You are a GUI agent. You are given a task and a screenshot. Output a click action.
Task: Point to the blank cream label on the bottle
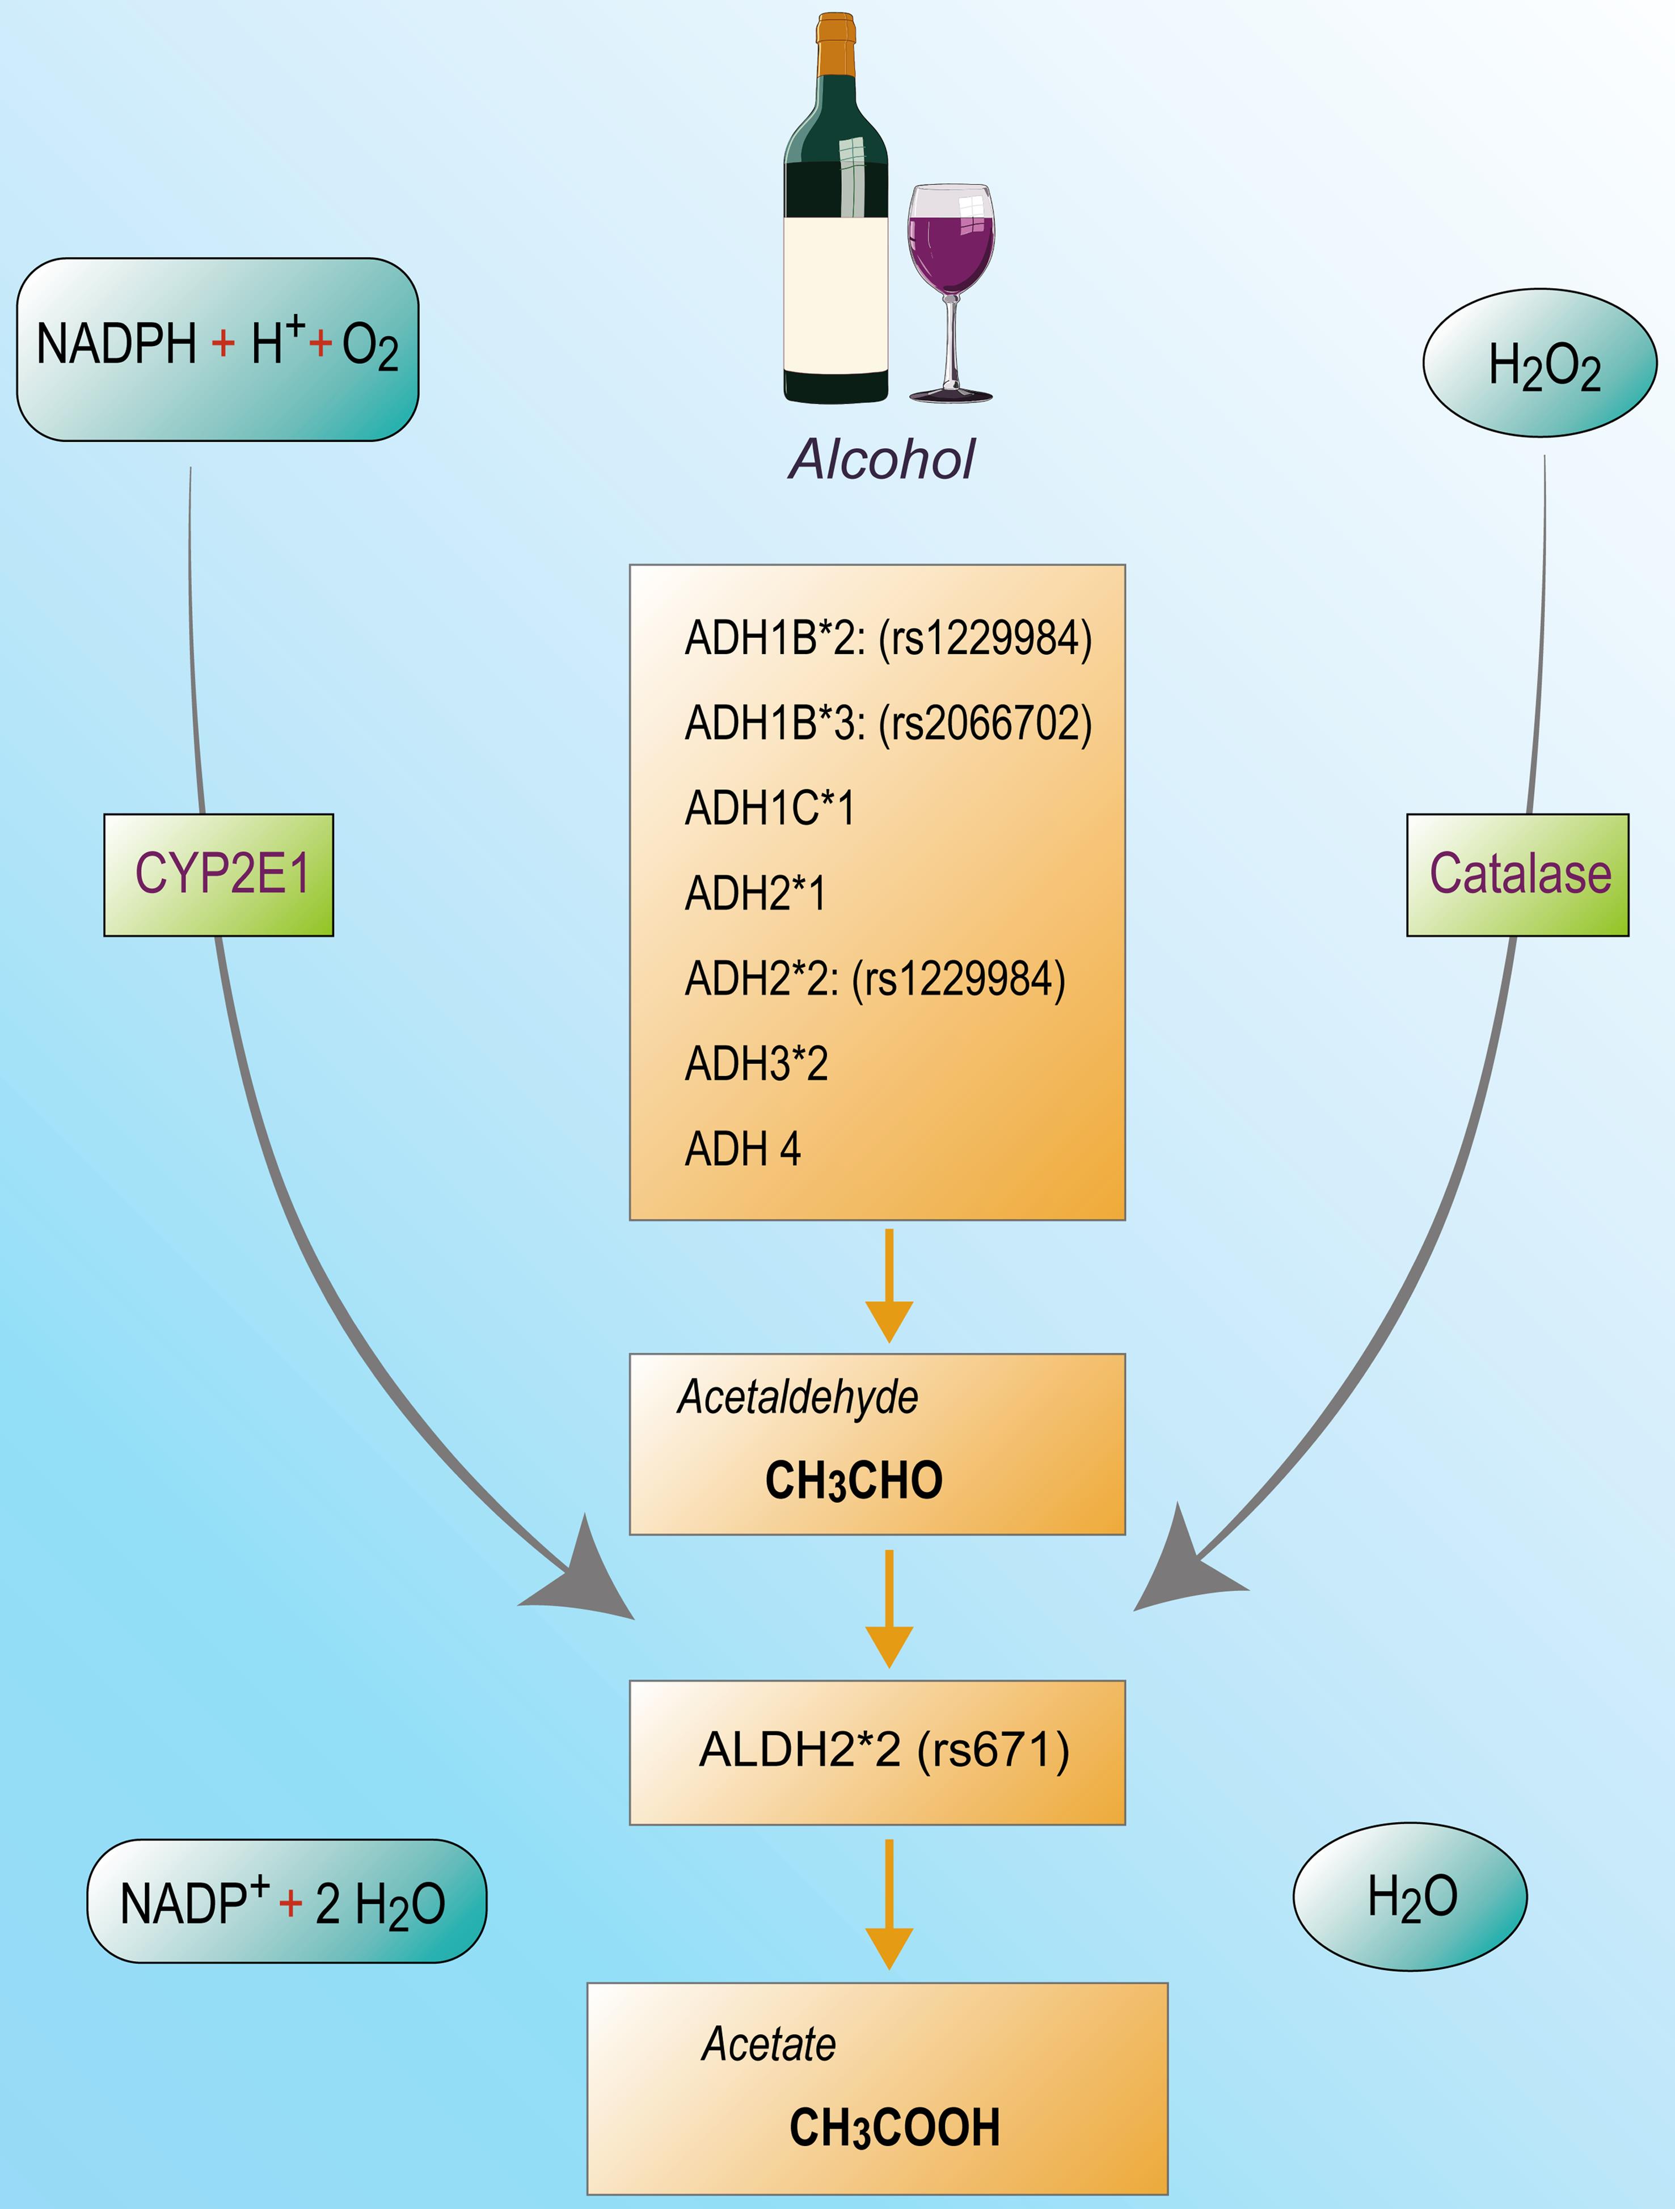pos(835,294)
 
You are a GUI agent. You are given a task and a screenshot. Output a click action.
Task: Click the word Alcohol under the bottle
pos(881,459)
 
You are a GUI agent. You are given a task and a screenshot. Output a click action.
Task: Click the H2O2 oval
pos(1539,364)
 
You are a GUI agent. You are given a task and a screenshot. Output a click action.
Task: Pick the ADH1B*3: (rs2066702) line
pos(888,723)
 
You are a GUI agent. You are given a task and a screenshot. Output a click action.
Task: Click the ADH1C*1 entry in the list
pos(769,808)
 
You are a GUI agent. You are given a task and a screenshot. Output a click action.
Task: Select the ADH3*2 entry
pos(756,1064)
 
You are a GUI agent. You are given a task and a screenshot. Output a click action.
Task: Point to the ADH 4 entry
pos(742,1148)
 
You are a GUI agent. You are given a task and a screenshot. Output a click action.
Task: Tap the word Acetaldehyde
pos(797,1396)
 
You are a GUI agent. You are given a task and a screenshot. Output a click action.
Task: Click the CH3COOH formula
pos(894,2127)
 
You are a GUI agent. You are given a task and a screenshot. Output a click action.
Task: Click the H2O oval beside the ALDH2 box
pos(1410,1896)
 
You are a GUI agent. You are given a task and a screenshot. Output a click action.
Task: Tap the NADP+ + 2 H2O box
pos(286,1902)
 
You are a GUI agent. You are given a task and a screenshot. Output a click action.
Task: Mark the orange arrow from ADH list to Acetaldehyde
pos(888,1285)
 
